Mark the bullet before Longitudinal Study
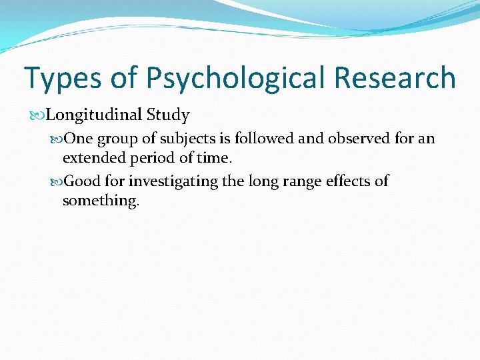(41, 115)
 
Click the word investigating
(174, 181)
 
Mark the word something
(101, 201)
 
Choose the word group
(117, 139)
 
